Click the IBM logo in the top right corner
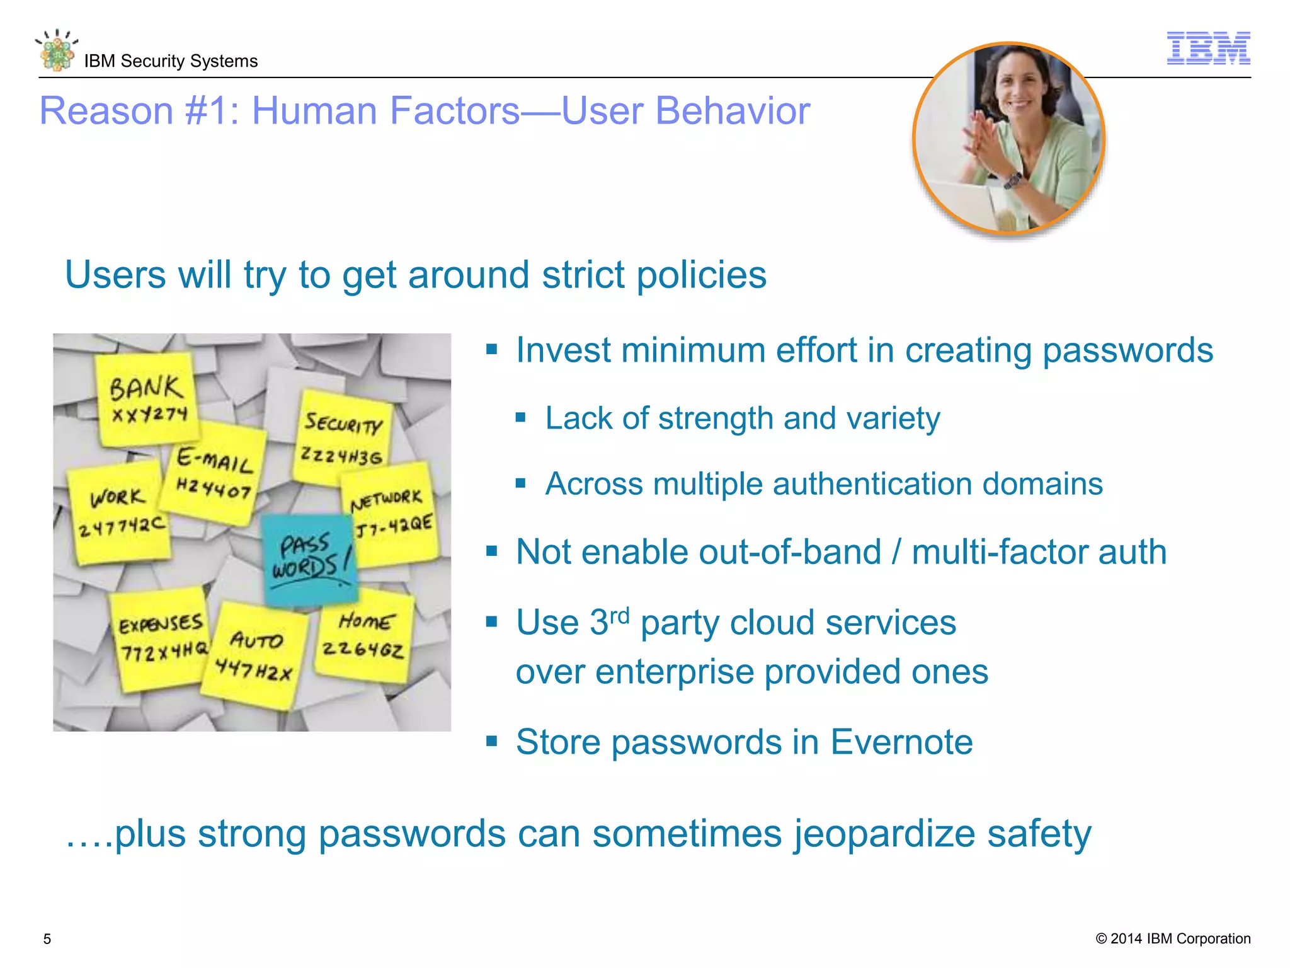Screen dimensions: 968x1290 click(x=1208, y=49)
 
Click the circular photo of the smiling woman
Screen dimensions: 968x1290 click(x=1008, y=138)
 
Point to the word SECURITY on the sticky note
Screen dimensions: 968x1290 click(x=343, y=423)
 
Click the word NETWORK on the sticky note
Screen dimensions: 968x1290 click(x=386, y=500)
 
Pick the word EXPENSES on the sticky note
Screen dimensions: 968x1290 click(x=161, y=624)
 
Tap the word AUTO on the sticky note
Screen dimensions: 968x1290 click(x=256, y=640)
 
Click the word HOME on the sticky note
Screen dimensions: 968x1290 click(x=367, y=621)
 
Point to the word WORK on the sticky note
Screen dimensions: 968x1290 click(x=117, y=497)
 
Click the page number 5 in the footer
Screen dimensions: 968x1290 click(x=47, y=939)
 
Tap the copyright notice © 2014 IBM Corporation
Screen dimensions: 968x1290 click(x=1173, y=938)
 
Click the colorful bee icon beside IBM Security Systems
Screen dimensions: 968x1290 click(x=57, y=50)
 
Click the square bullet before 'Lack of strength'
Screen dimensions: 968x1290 click(x=520, y=417)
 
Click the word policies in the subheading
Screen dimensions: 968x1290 click(x=701, y=275)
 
